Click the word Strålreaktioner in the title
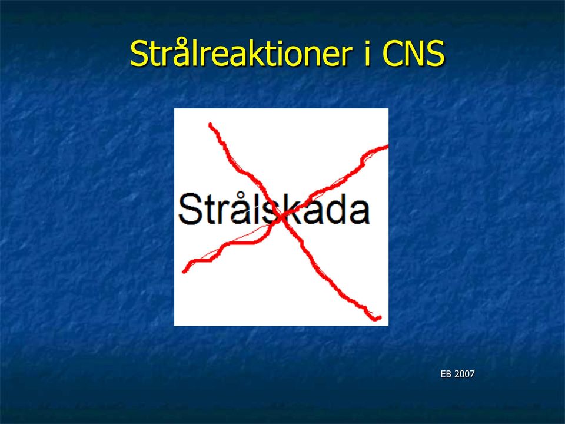point(241,54)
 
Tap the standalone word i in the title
point(367,54)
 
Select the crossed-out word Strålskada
point(274,208)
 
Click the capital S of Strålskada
point(189,209)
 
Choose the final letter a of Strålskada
point(359,213)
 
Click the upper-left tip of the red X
point(211,125)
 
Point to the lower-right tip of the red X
point(378,317)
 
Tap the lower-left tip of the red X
point(184,271)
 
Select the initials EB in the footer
point(446,375)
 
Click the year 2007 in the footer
point(464,375)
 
